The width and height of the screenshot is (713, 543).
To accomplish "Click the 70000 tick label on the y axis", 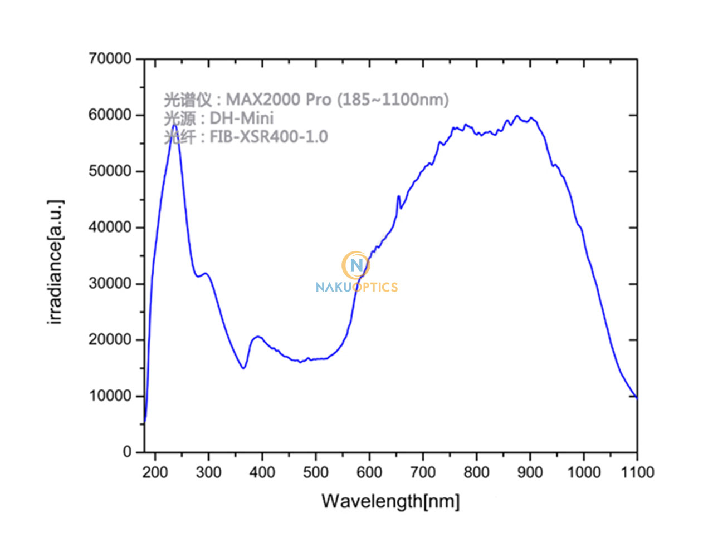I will pos(110,58).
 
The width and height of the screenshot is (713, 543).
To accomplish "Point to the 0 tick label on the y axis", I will pos(127,452).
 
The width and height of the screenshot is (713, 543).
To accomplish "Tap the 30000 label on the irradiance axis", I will pos(110,283).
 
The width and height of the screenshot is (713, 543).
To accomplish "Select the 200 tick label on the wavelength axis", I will pos(155,472).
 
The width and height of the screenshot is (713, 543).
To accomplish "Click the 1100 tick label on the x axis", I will pos(637,472).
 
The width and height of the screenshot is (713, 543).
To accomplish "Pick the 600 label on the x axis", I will pos(369,472).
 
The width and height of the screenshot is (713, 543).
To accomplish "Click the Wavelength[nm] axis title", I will pos(390,501).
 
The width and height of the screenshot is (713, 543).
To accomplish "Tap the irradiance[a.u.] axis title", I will pos(56,261).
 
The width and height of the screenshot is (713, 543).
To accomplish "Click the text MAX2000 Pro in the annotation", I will pos(278,100).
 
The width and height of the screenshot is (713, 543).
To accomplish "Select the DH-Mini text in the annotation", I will pos(241,118).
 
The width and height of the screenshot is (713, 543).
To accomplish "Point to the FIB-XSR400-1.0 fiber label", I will pos(268,136).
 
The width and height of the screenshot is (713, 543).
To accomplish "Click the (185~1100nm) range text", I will pos(393,100).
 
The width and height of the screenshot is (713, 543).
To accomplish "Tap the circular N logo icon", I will pos(356,265).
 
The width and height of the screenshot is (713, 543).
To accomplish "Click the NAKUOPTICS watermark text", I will pos(356,287).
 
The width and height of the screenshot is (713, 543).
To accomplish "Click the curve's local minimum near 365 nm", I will pos(243,368).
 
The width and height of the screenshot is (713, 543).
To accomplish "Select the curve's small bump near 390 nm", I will pos(257,337).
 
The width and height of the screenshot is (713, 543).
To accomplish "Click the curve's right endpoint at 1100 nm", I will pos(637,397).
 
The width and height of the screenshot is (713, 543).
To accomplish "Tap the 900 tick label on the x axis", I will pos(530,472).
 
